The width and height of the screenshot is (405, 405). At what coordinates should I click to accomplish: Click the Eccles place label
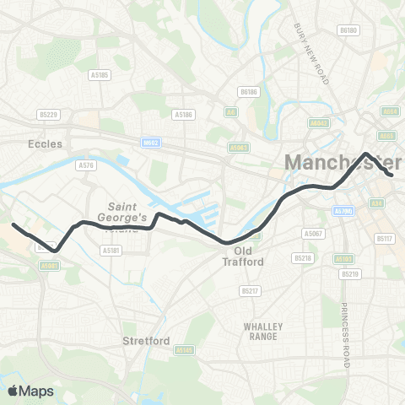tap(45, 144)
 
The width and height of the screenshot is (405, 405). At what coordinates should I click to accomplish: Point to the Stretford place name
tap(147, 342)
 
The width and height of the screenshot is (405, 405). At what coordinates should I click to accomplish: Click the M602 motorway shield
tap(150, 143)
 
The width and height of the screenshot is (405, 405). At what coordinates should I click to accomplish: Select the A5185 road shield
tap(100, 75)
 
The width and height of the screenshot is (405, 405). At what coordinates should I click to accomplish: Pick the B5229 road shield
tap(48, 114)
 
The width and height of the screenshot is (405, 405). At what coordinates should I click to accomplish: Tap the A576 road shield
tap(86, 165)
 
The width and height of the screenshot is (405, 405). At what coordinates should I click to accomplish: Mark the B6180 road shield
tap(348, 30)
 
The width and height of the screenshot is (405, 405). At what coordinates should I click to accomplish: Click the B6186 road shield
tap(247, 91)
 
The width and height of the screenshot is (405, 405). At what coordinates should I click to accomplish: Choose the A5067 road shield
tap(313, 232)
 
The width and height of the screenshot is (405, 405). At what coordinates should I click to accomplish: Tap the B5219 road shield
tap(348, 274)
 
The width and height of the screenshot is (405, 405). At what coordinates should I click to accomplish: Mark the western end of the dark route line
tap(13, 224)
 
